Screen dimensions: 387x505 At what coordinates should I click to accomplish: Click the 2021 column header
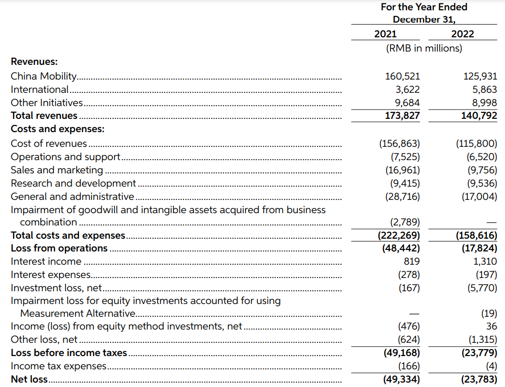tap(385, 34)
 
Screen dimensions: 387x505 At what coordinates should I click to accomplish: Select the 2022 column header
tap(462, 34)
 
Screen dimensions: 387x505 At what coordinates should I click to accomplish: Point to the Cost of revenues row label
tap(49, 143)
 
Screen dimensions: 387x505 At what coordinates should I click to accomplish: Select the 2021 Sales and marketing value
tap(402, 170)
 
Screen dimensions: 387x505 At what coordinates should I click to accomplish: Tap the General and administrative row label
tap(72, 196)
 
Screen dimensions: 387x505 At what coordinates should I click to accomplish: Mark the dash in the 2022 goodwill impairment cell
tap(492, 222)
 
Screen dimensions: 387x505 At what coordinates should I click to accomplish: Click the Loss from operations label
tap(59, 248)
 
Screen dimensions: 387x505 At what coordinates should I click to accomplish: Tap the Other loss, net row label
tap(44, 339)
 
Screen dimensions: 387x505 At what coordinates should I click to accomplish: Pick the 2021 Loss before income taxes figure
tap(401, 353)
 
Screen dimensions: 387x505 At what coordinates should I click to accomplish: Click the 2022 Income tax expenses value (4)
tap(491, 366)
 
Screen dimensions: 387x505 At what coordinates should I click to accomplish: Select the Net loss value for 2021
tap(401, 379)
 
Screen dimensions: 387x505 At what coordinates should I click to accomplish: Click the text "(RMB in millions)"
tap(424, 48)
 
